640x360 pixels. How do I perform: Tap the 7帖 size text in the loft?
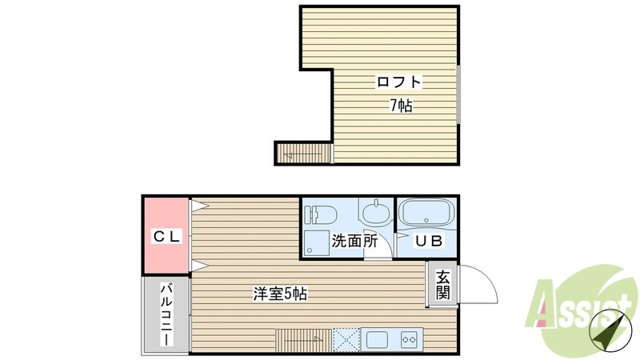tap(401, 105)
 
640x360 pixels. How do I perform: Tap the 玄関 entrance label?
tap(442, 284)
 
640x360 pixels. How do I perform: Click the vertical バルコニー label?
tap(167, 314)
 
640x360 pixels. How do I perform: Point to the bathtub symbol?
tap(426, 214)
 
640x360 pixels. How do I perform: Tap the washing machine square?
tap(318, 242)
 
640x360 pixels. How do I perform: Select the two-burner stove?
tap(410, 338)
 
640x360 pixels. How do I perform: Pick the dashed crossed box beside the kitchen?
tap(346, 338)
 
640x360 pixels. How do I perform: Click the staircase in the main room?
tap(303, 338)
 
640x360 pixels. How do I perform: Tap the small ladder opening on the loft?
tap(303, 151)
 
